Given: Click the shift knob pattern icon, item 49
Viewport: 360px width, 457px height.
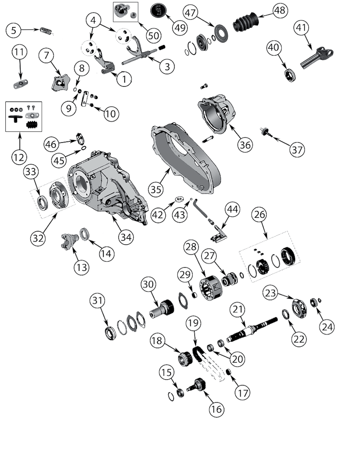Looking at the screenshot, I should [159, 10].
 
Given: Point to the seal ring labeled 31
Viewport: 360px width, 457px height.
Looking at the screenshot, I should [109, 333].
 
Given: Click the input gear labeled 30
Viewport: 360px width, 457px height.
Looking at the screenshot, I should [162, 309].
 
